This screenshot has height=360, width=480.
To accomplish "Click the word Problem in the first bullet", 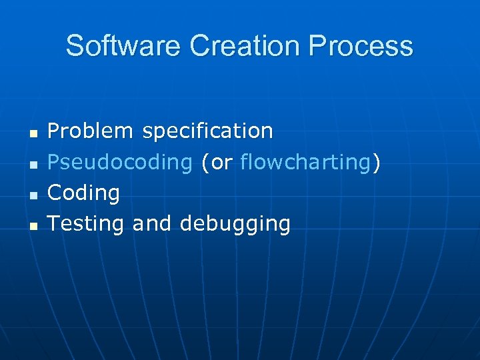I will [91, 131].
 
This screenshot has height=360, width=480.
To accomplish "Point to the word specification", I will [207, 131].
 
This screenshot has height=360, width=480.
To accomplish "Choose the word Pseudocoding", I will [120, 162].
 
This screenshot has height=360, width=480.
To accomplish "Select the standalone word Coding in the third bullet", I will [84, 193].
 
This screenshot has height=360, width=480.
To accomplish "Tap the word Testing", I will [86, 224].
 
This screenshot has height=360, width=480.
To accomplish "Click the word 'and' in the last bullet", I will [151, 224].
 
